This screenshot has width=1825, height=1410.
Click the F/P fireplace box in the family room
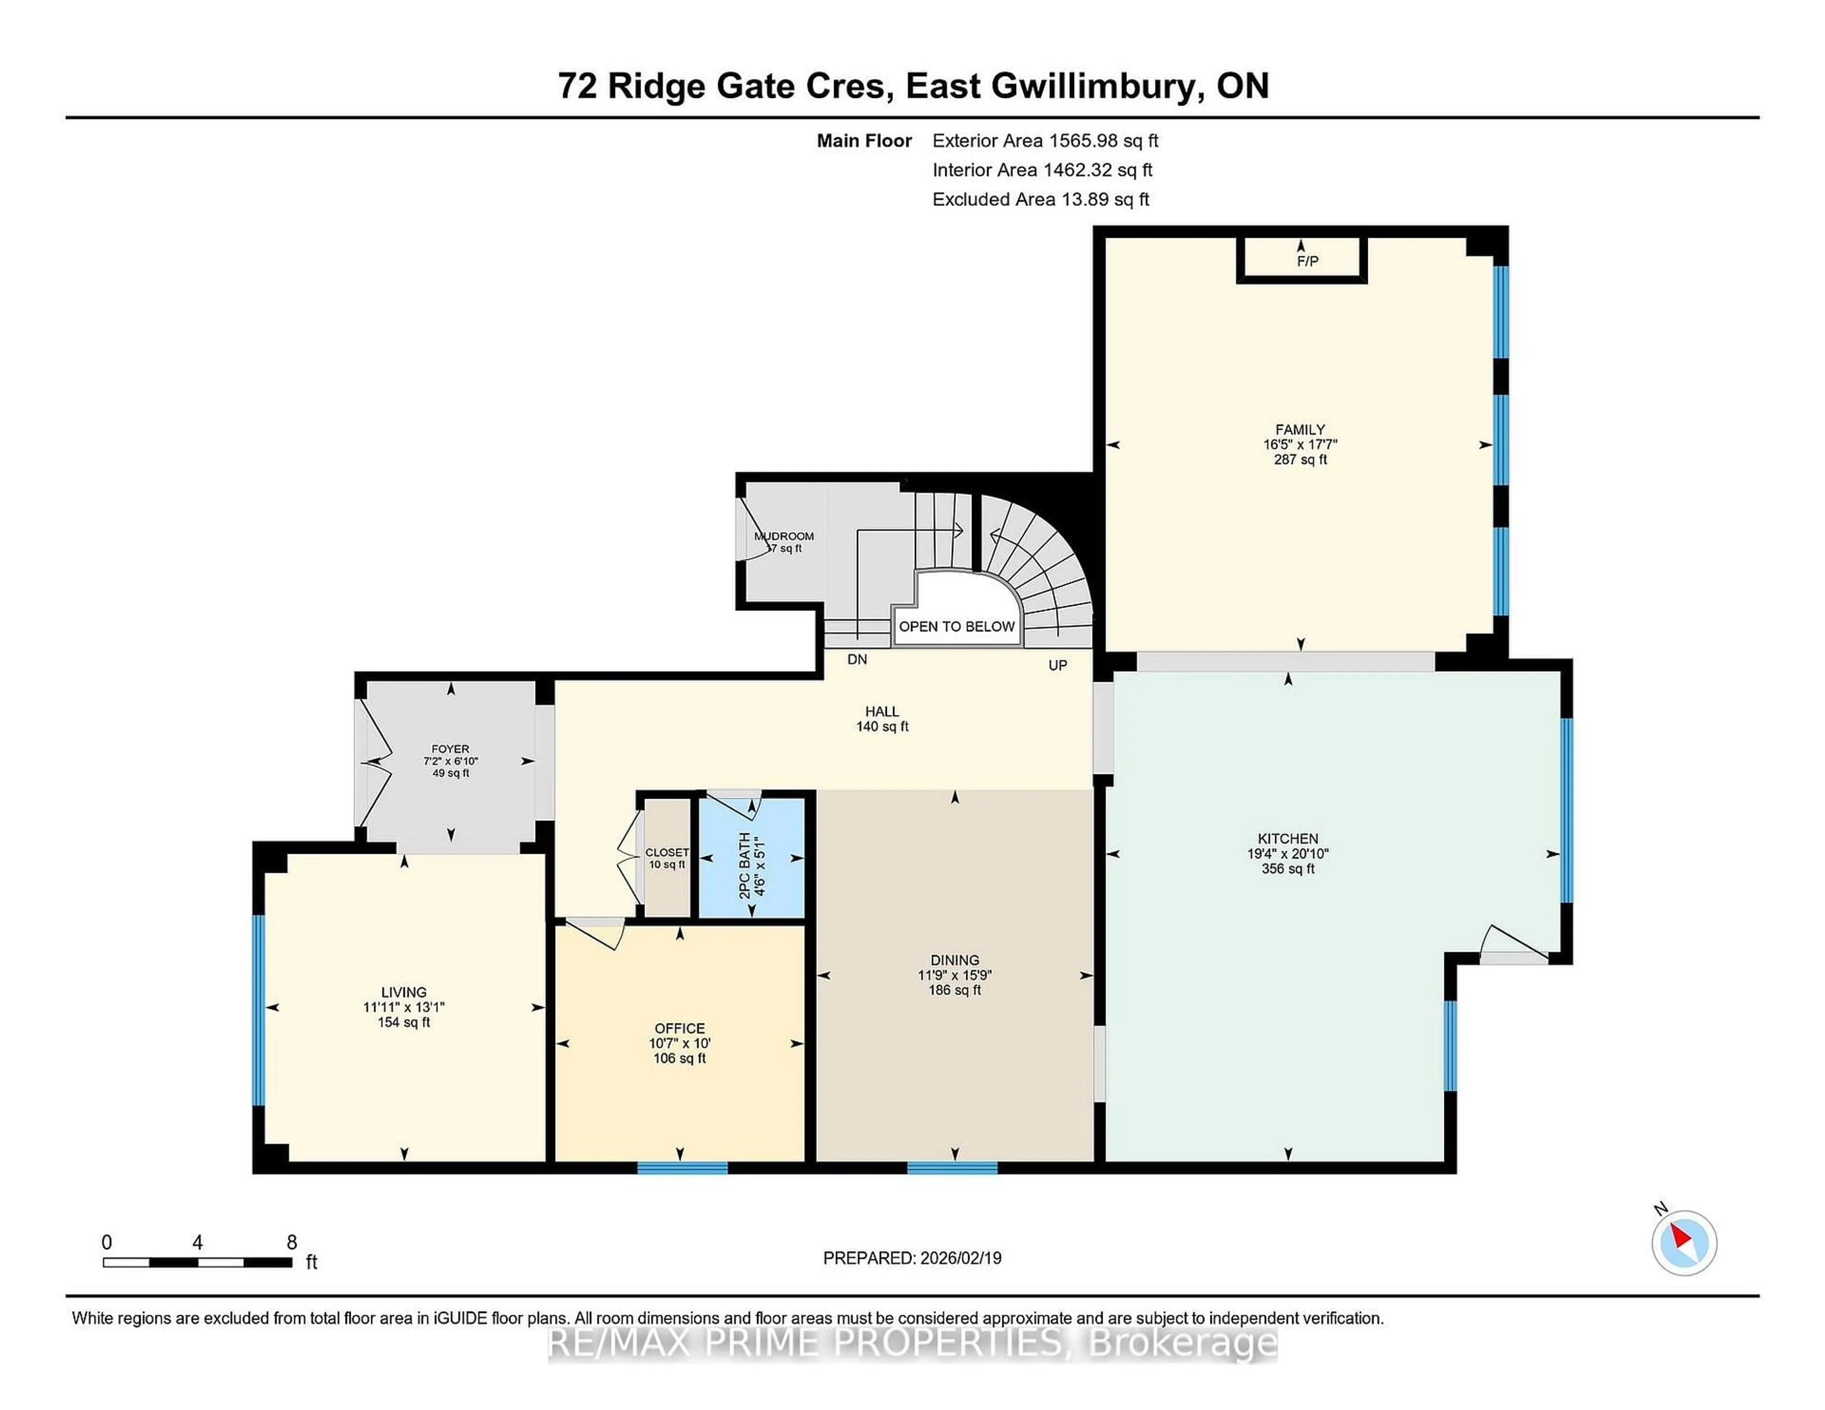click(x=1301, y=259)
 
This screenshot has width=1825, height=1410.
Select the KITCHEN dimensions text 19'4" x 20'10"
click(x=1287, y=853)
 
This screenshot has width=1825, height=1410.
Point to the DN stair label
click(x=856, y=659)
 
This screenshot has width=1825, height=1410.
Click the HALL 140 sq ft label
click(x=882, y=719)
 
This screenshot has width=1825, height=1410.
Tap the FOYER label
click(x=451, y=749)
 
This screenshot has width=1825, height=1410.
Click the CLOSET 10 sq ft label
click(x=667, y=859)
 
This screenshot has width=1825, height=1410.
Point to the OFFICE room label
click(x=679, y=1028)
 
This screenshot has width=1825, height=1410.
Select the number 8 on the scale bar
click(x=292, y=1242)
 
